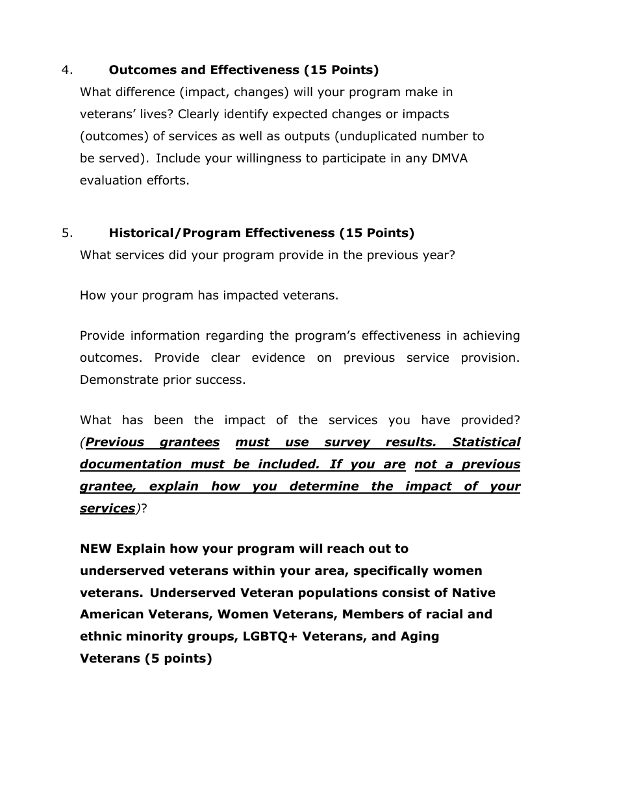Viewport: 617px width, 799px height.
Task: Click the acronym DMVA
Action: point(450,159)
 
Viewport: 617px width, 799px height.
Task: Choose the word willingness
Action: point(242,159)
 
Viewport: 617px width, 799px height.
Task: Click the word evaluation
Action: point(108,181)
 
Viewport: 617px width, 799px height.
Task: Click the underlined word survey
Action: point(347,442)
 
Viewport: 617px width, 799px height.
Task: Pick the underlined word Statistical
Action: point(486,442)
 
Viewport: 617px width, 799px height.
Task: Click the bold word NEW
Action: point(96,549)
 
